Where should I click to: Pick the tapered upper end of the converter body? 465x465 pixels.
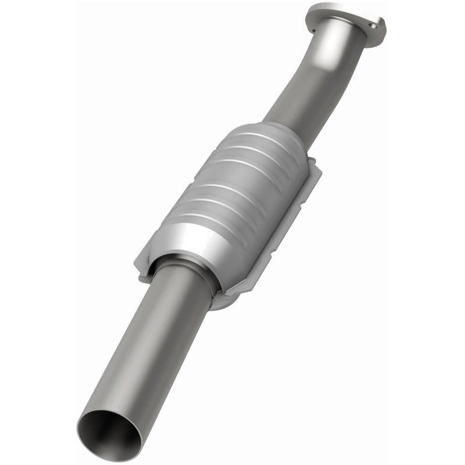(273, 131)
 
